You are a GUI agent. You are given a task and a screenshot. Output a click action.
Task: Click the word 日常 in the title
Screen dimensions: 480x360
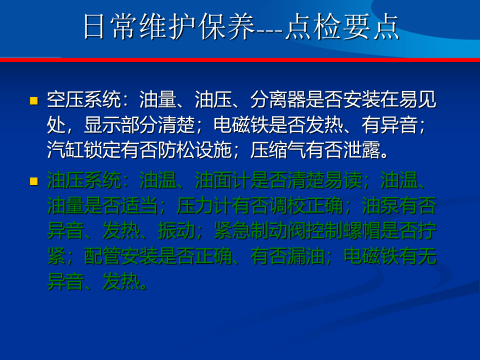click(109, 26)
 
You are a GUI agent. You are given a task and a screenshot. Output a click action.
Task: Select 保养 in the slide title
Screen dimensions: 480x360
click(226, 26)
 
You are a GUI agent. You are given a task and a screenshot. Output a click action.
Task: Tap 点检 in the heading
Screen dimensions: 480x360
click(313, 26)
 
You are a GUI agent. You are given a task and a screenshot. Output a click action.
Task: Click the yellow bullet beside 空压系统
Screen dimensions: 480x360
click(33, 100)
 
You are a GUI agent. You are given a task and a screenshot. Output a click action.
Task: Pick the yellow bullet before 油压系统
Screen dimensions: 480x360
click(33, 181)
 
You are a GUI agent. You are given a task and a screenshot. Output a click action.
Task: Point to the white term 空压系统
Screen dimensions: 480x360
click(83, 100)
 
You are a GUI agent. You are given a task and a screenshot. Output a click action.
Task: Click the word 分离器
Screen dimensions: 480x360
click(278, 100)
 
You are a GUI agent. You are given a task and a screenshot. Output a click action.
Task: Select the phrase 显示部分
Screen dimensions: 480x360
click(121, 125)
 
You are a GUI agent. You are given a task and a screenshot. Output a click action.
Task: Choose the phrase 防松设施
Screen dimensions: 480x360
click(194, 149)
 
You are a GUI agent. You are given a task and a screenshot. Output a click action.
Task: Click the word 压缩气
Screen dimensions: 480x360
click(278, 149)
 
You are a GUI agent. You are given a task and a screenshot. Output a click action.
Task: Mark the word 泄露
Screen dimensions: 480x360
click(361, 149)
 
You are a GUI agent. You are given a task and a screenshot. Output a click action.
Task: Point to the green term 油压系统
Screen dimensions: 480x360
click(83, 180)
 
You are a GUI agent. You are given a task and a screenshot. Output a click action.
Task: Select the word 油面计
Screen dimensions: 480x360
click(222, 180)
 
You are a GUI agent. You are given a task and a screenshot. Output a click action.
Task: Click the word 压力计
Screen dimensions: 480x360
click(204, 205)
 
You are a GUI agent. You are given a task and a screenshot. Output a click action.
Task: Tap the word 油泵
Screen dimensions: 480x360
click(380, 205)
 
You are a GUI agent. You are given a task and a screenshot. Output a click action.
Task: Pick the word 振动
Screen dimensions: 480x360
click(176, 230)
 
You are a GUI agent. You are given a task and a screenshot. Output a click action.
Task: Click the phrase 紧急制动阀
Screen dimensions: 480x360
click(259, 230)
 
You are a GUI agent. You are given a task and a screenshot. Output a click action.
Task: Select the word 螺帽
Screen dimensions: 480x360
click(361, 230)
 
